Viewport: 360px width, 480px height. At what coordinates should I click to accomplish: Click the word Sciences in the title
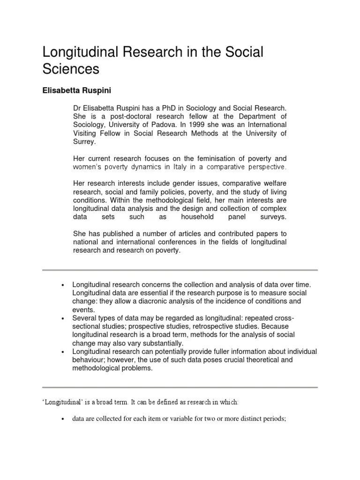point(71,69)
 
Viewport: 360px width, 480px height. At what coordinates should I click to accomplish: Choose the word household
point(198,217)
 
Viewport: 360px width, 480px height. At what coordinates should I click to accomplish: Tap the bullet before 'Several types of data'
point(62,318)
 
